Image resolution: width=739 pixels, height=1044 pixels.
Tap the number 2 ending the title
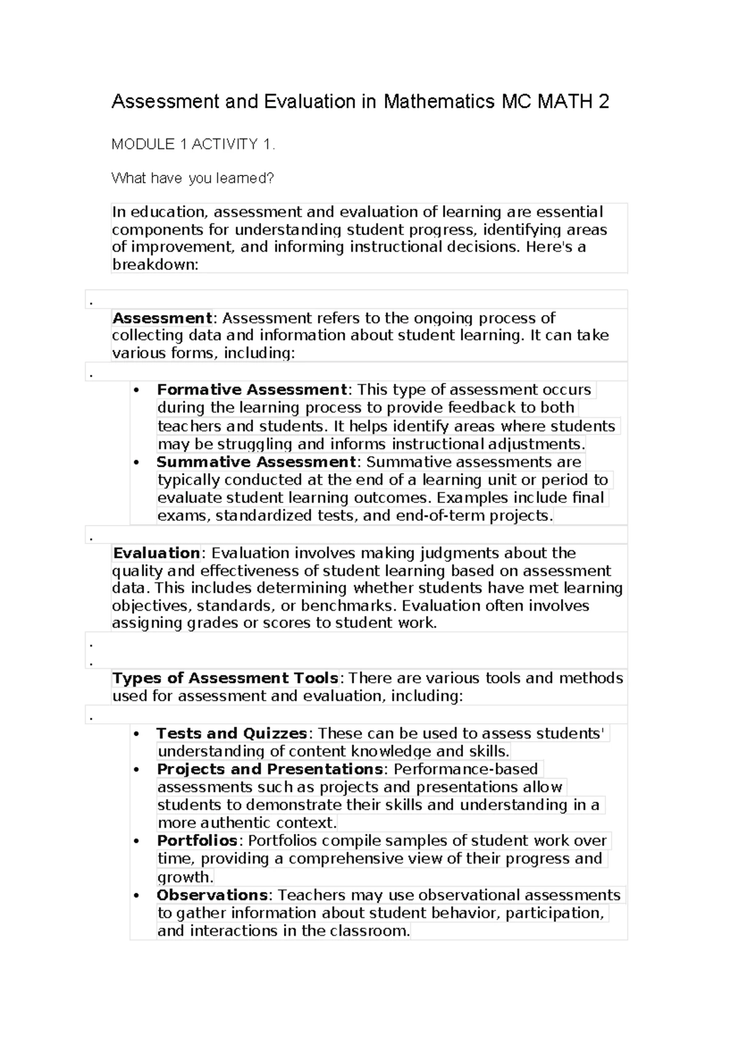click(x=604, y=102)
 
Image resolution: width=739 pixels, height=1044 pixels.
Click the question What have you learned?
click(x=192, y=179)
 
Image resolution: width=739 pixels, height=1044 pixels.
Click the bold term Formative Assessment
click(x=252, y=390)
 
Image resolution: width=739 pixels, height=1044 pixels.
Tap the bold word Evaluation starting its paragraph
click(x=156, y=553)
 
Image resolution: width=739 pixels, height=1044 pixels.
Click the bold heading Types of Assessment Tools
click(x=225, y=678)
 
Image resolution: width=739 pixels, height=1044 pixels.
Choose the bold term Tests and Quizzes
click(x=232, y=733)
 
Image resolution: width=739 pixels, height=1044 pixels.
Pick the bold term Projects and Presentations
click(x=270, y=769)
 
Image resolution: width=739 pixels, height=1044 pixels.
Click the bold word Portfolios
click(x=197, y=840)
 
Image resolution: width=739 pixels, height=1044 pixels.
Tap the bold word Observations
click(x=212, y=895)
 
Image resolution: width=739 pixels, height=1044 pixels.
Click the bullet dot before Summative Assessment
click(x=136, y=463)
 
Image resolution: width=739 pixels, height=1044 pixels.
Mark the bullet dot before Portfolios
click(x=136, y=841)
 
